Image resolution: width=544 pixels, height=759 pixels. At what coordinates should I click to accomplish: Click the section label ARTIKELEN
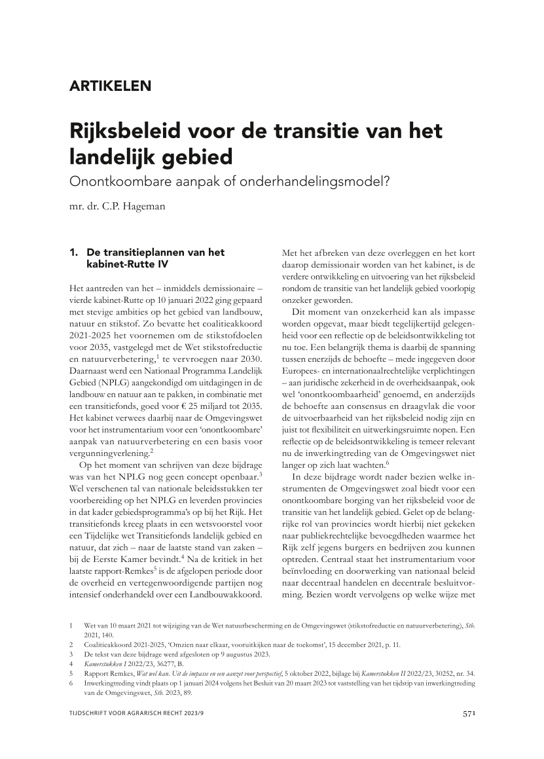(x=110, y=85)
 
